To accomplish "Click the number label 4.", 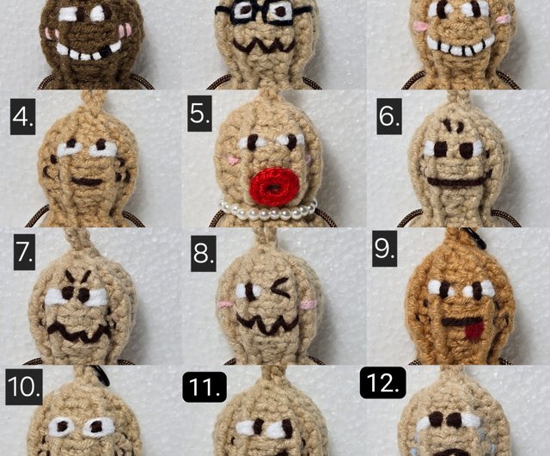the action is [23, 116].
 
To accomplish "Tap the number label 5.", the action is [199, 114].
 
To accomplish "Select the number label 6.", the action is [389, 116].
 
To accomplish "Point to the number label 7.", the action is [24, 252].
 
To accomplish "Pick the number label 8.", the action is [203, 253].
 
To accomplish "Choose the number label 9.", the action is [385, 249].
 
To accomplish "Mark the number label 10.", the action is [24, 387].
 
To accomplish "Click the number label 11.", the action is [205, 387].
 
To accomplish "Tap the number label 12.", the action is [383, 383].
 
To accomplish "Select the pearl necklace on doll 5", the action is [268, 211].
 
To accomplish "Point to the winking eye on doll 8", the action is [281, 289].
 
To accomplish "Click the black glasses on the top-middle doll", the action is [261, 13].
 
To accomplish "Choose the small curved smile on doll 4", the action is [86, 182].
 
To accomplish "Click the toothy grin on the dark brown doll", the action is [89, 51].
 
